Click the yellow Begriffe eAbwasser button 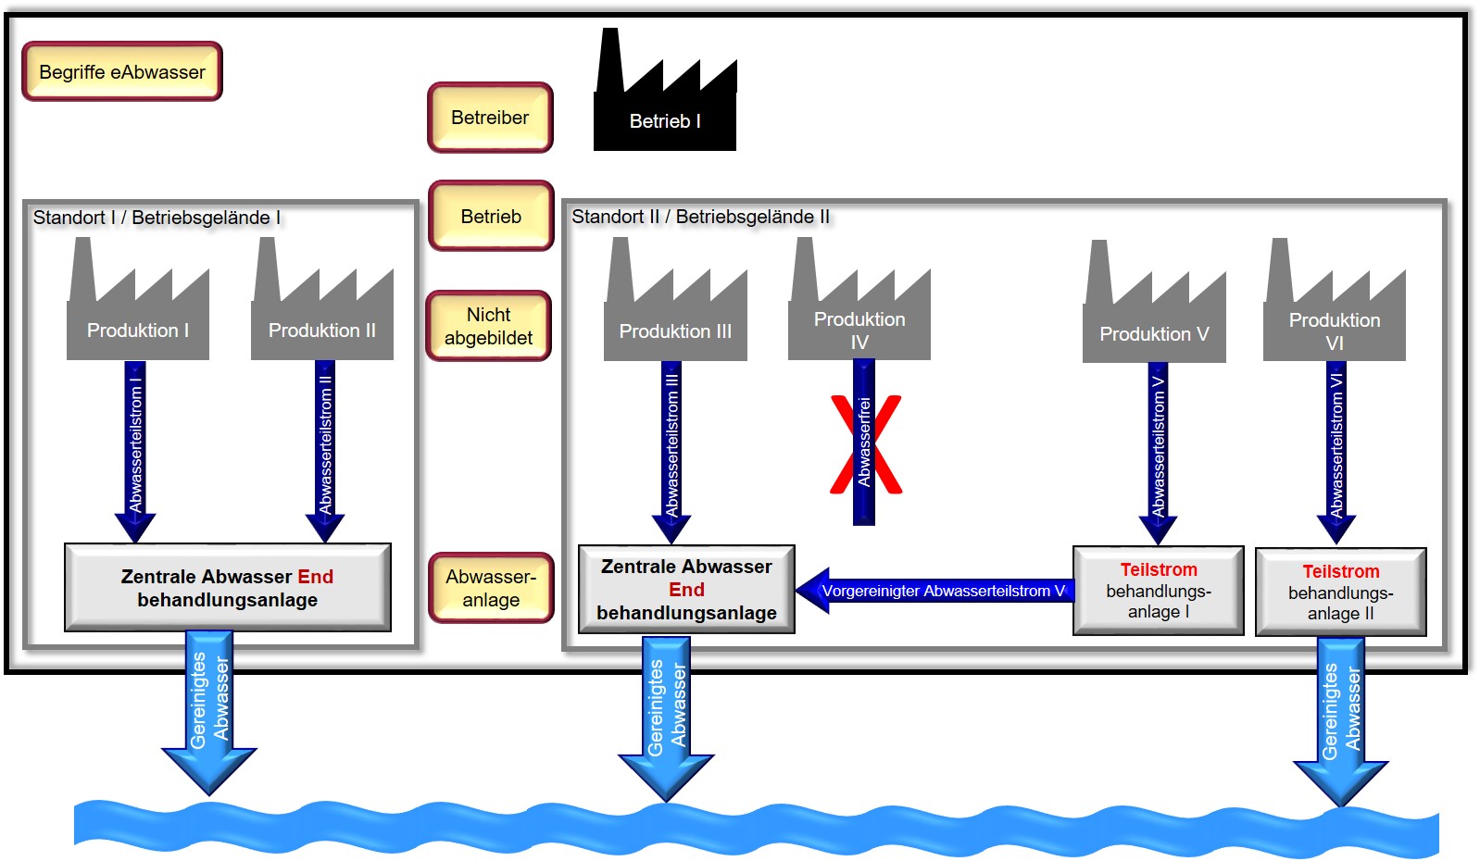[x=122, y=71]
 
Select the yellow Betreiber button [x=490, y=118]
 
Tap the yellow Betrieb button [x=491, y=216]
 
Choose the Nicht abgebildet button [x=489, y=326]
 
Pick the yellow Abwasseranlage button [x=491, y=588]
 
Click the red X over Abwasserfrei [x=866, y=443]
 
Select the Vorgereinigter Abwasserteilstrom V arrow [x=934, y=591]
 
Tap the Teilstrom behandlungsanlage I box [x=1159, y=591]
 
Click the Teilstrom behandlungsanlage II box [x=1341, y=593]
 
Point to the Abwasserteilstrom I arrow [x=135, y=452]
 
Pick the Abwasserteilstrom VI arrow [x=1336, y=453]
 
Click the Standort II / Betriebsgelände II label [x=700, y=217]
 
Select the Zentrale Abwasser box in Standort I [x=228, y=588]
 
